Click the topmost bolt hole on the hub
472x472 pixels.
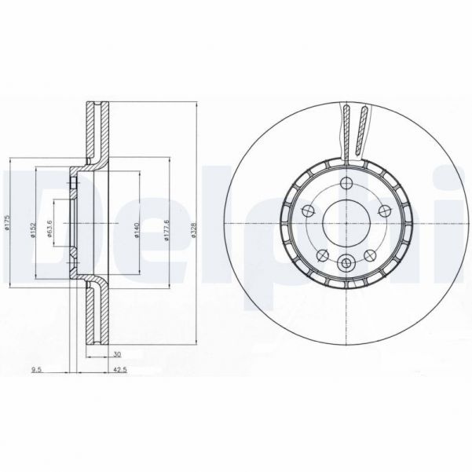tap(346, 185)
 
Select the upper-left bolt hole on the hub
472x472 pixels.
tap(308, 211)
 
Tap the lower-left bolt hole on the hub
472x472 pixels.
tap(322, 254)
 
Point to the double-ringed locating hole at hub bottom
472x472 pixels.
tap(346, 265)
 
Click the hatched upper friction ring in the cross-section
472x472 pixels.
tap(99, 130)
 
